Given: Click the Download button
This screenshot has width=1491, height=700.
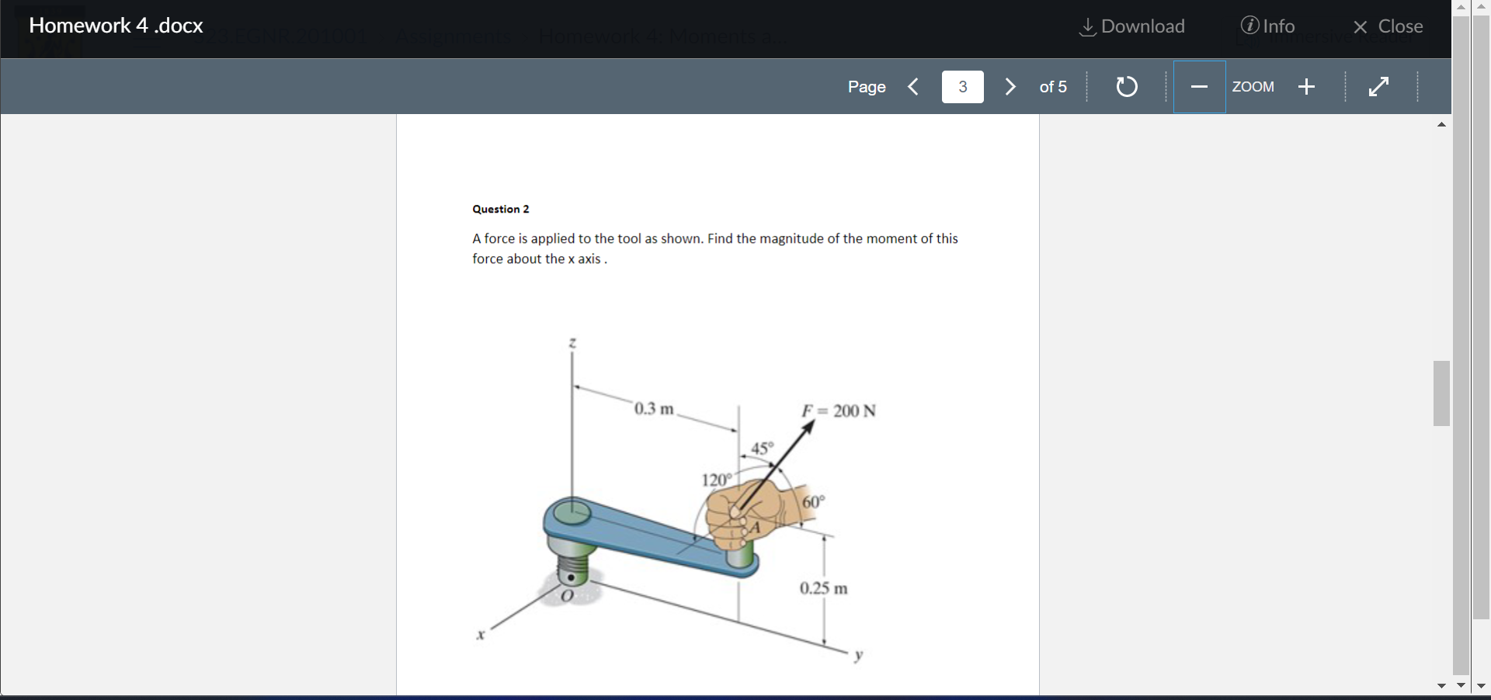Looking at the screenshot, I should pyautogui.click(x=1133, y=26).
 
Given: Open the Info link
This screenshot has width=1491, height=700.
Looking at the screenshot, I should pyautogui.click(x=1267, y=26).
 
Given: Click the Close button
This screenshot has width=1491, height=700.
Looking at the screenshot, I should pyautogui.click(x=1388, y=26).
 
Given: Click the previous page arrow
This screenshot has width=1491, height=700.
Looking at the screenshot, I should pyautogui.click(x=914, y=86).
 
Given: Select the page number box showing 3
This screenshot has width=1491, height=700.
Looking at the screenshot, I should pyautogui.click(x=962, y=86).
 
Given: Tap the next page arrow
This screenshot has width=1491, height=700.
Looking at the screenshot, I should pyautogui.click(x=1010, y=86).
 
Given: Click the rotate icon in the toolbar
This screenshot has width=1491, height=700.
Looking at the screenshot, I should pyautogui.click(x=1127, y=86).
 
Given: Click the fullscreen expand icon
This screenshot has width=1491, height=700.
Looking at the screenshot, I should pyautogui.click(x=1378, y=86).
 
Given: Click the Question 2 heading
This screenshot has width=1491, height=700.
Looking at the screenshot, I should pyautogui.click(x=501, y=209).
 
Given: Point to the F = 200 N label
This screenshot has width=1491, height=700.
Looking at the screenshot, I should pyautogui.click(x=839, y=411).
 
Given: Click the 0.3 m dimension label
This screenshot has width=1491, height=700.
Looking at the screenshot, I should pyautogui.click(x=654, y=408).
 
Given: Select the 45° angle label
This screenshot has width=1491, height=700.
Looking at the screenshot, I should pyautogui.click(x=763, y=448).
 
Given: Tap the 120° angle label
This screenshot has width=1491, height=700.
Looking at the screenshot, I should pyautogui.click(x=716, y=480).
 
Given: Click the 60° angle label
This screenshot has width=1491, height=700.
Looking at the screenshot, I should pyautogui.click(x=813, y=502).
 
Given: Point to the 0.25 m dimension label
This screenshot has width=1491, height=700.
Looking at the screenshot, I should pyautogui.click(x=824, y=588).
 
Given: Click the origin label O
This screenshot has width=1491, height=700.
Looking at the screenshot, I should pyautogui.click(x=567, y=596).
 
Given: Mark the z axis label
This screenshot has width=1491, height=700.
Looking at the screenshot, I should pyautogui.click(x=572, y=342).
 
